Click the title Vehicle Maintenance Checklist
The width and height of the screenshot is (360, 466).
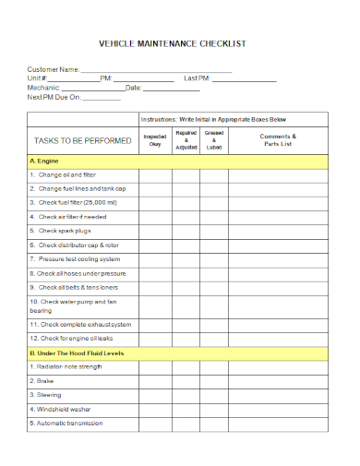point(173,43)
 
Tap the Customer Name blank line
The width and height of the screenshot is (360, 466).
point(156,70)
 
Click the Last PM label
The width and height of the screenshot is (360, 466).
point(197,79)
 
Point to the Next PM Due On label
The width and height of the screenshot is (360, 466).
point(54,98)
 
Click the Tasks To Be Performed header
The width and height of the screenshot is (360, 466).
point(81,141)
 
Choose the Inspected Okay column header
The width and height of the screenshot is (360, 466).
point(154,140)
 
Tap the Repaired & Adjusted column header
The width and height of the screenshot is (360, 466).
point(186,140)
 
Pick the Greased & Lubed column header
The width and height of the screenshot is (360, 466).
point(214,140)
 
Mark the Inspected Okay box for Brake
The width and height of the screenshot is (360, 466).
point(154,381)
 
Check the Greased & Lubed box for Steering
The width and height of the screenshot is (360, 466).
point(214,395)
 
